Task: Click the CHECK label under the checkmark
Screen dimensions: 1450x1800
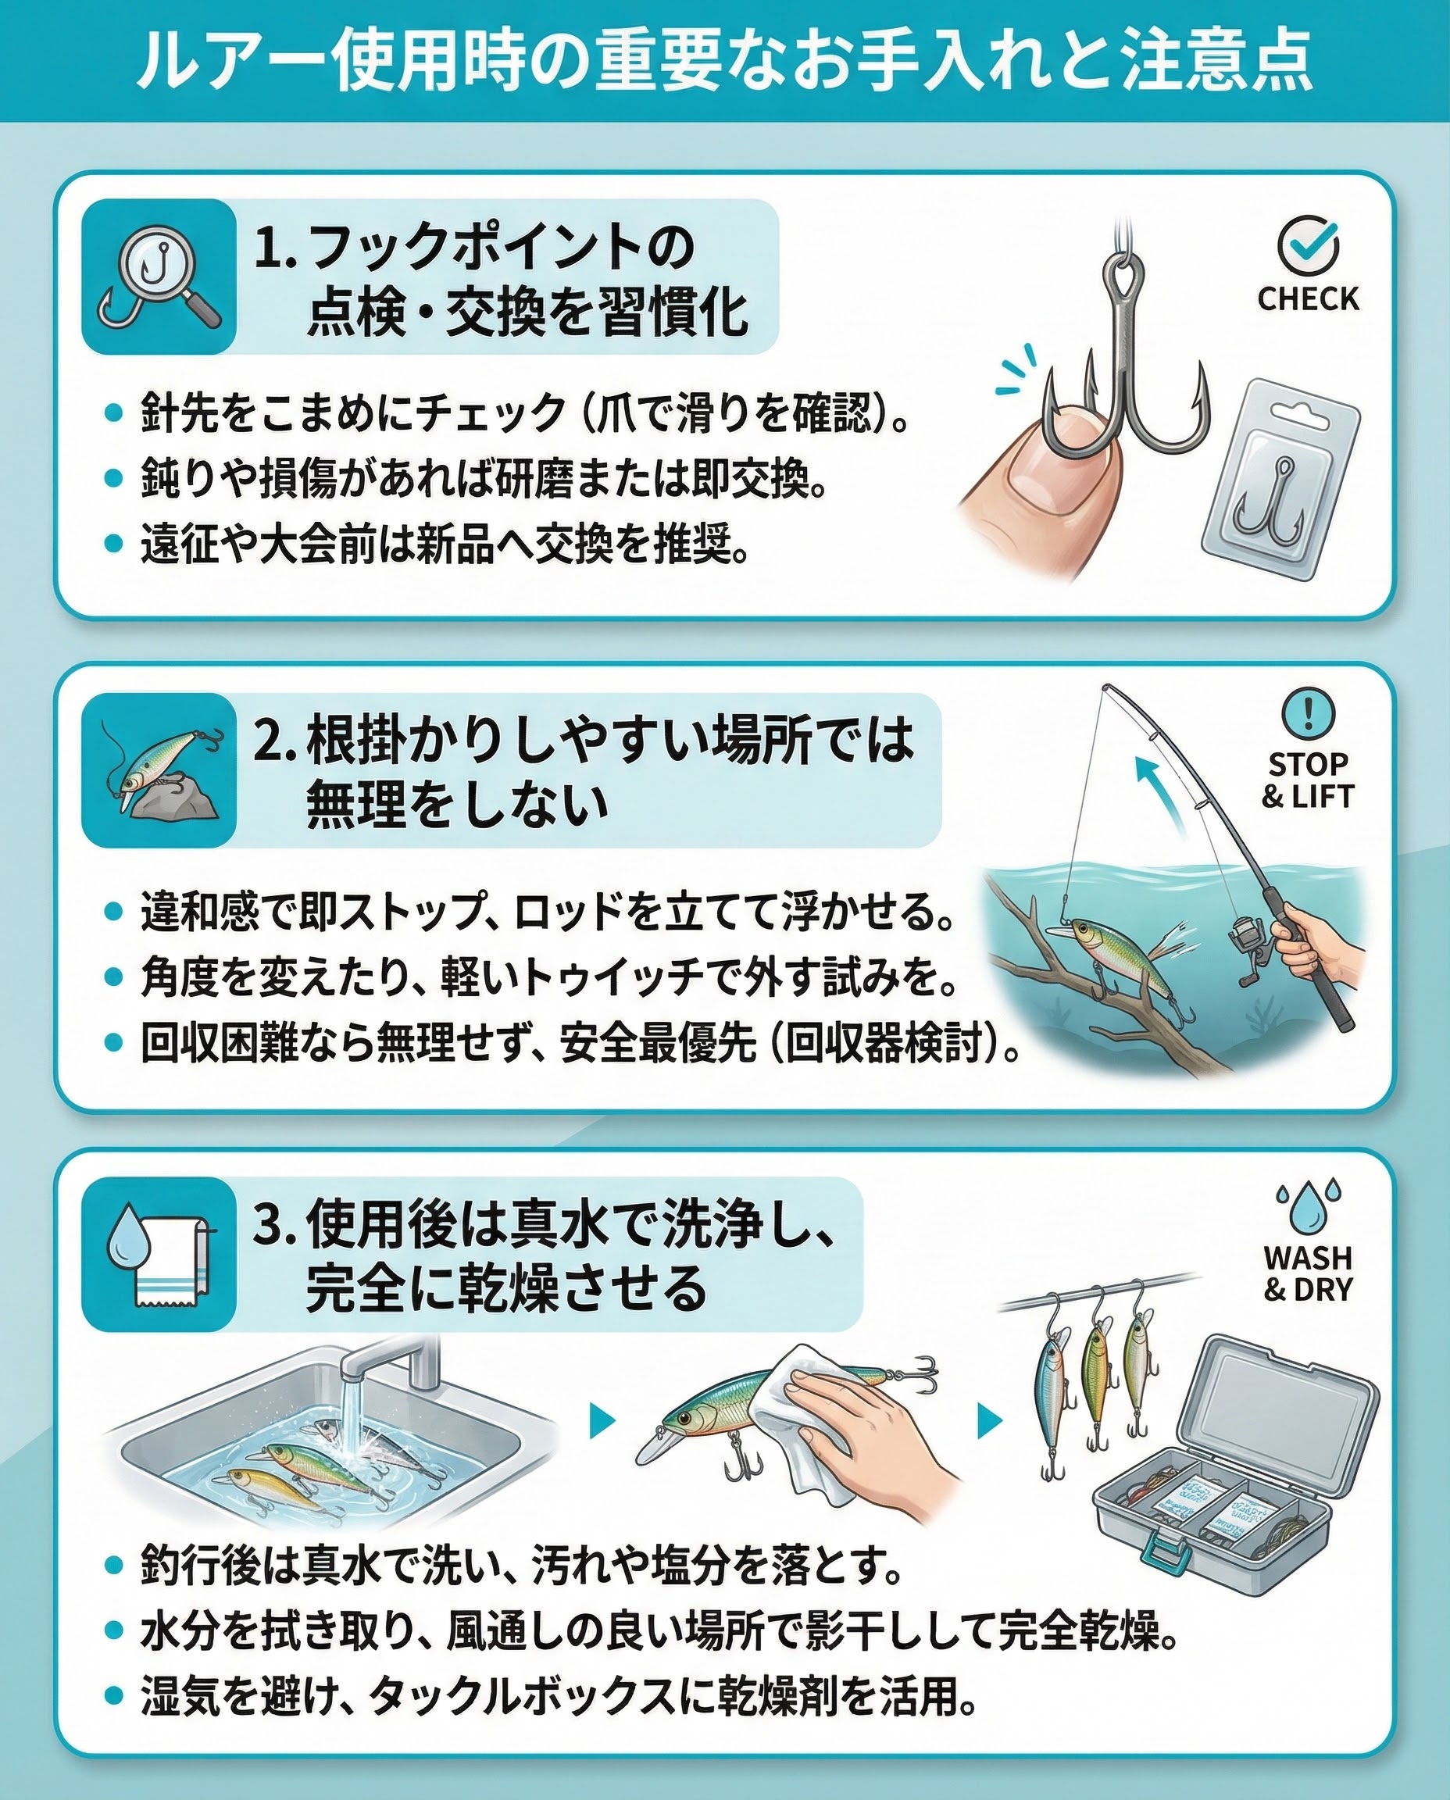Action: (x=1308, y=298)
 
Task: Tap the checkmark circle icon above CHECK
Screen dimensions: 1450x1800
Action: (x=1308, y=245)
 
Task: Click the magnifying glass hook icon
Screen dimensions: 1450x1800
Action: (x=159, y=277)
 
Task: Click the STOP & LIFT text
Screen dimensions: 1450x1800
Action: (x=1308, y=780)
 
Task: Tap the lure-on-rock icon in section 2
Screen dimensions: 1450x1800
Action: (x=159, y=770)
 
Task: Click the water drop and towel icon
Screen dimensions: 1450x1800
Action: (x=159, y=1254)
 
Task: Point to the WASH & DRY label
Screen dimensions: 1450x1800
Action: (x=1308, y=1273)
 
